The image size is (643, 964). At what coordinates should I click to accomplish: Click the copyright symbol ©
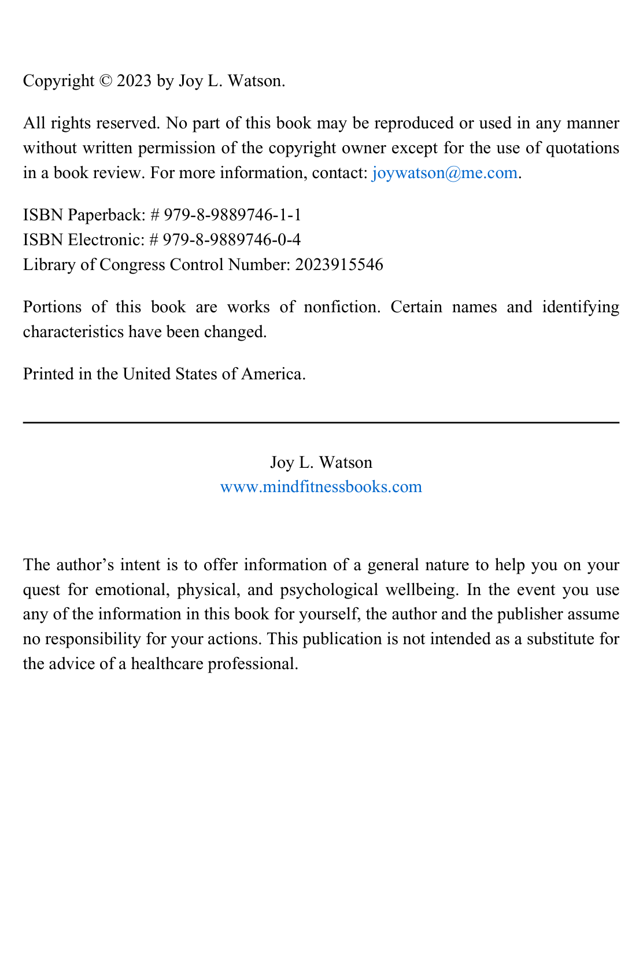click(106, 81)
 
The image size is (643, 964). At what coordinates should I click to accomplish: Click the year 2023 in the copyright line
click(134, 81)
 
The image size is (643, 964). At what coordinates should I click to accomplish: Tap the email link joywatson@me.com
click(445, 173)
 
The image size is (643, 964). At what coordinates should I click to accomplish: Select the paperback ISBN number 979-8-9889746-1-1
click(232, 215)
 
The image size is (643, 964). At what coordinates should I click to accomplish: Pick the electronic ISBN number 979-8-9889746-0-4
click(232, 240)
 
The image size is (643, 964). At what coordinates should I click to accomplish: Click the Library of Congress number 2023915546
click(339, 265)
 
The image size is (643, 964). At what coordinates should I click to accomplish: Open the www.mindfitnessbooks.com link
click(321, 487)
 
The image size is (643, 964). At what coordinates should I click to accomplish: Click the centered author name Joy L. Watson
click(321, 463)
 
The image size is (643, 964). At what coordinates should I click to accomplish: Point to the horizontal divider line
click(321, 423)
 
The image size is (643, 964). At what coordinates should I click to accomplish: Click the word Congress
click(132, 265)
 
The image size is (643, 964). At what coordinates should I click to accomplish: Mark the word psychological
click(329, 590)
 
